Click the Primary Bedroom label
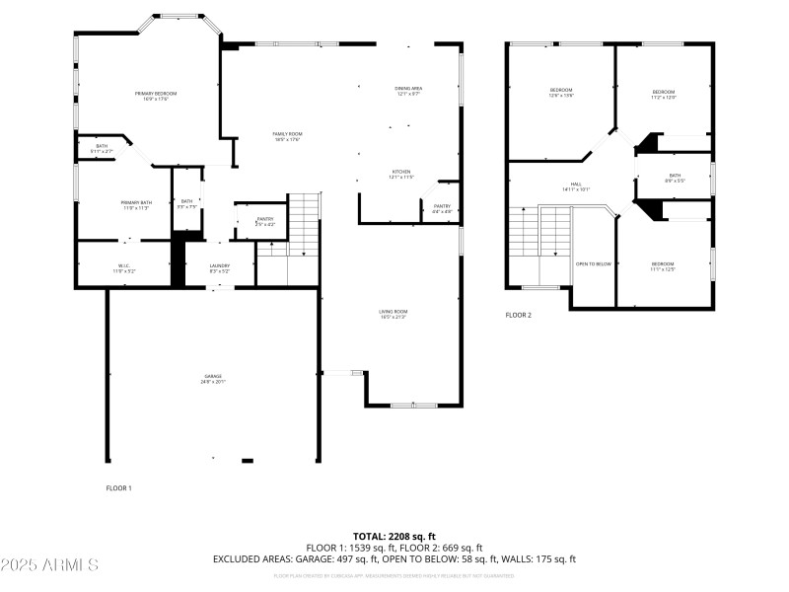pyautogui.click(x=151, y=96)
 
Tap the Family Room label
pyautogui.click(x=287, y=136)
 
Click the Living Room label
pyautogui.click(x=394, y=314)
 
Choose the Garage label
pyautogui.click(x=213, y=378)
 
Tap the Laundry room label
pyautogui.click(x=220, y=266)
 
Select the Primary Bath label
pyautogui.click(x=135, y=205)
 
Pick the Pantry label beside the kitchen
pyautogui.click(x=442, y=208)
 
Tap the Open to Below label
pyautogui.click(x=594, y=263)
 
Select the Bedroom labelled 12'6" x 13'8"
pyautogui.click(x=561, y=93)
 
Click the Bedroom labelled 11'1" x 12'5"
pyautogui.click(x=662, y=265)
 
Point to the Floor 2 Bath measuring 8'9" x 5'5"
pyautogui.click(x=675, y=178)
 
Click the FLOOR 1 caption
pyautogui.click(x=118, y=487)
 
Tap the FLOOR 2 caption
pyautogui.click(x=518, y=316)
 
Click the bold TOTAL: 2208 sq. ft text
pyautogui.click(x=394, y=537)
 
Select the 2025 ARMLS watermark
pyautogui.click(x=49, y=565)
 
